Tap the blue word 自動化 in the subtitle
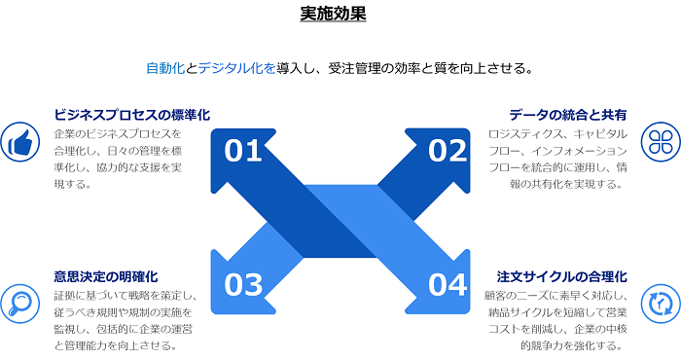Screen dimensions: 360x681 tap(165, 68)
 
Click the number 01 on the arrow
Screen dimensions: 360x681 tap(244, 151)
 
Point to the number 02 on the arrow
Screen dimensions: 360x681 tap(448, 151)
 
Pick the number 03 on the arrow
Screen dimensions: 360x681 tap(244, 284)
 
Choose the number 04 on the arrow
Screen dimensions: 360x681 tap(448, 284)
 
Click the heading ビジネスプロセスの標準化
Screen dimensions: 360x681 tap(132, 115)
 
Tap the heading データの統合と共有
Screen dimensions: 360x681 tap(568, 115)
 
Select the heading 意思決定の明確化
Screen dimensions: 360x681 tap(106, 276)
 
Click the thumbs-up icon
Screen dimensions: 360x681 tap(18, 142)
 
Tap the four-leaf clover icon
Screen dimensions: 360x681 tap(660, 142)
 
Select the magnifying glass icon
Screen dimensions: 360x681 tap(18, 304)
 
